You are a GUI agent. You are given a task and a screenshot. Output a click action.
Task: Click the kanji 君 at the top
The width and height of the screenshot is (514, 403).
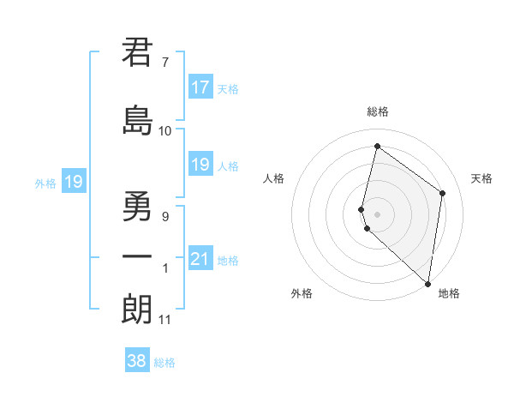(137, 53)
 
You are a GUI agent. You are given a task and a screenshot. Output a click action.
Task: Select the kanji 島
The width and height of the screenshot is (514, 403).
(137, 119)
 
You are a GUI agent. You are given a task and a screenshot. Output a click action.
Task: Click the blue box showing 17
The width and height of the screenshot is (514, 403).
(200, 87)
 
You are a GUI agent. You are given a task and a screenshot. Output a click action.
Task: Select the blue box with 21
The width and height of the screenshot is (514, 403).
(200, 260)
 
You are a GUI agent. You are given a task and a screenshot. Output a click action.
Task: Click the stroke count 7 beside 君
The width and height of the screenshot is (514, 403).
(164, 62)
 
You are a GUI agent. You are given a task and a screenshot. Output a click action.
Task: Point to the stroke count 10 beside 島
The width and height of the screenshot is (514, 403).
(164, 130)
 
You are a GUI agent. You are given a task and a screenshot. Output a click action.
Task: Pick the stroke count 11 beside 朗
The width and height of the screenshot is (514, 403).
(164, 320)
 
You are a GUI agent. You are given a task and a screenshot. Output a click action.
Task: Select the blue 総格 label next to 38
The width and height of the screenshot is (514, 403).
(164, 363)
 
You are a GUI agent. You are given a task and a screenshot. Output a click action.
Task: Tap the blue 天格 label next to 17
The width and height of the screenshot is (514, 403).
(228, 89)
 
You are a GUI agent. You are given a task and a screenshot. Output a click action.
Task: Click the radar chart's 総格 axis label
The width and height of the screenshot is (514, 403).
(377, 112)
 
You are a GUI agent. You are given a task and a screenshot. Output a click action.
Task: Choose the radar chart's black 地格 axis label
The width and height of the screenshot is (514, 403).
(449, 293)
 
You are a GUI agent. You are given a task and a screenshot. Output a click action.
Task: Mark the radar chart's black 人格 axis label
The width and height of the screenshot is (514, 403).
(273, 178)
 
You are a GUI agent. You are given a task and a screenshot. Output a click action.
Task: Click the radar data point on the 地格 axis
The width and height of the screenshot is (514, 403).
(427, 283)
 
